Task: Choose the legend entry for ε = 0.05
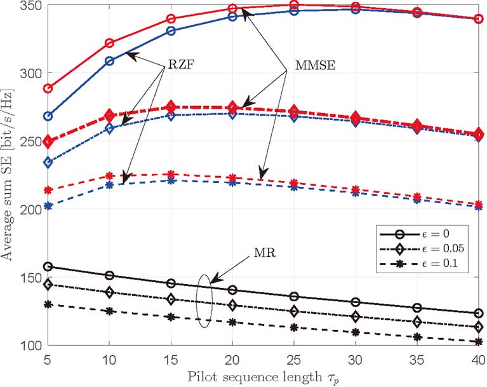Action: [420, 247]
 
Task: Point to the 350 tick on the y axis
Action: [28, 6]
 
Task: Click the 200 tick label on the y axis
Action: [28, 209]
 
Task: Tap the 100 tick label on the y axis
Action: [28, 345]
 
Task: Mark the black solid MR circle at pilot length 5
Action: [48, 267]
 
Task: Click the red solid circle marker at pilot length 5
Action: [48, 88]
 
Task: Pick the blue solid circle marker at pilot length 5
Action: [48, 116]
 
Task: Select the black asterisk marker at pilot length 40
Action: [478, 342]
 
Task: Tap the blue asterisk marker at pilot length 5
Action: [48, 206]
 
